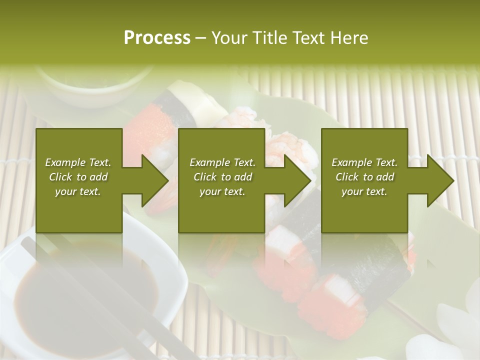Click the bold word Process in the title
coord(157,38)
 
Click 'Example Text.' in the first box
coord(78,162)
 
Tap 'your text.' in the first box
coord(78,191)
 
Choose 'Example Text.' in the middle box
coord(222,162)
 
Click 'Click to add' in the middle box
coord(222,177)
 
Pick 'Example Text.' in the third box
coord(364,162)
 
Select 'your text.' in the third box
coord(364,191)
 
